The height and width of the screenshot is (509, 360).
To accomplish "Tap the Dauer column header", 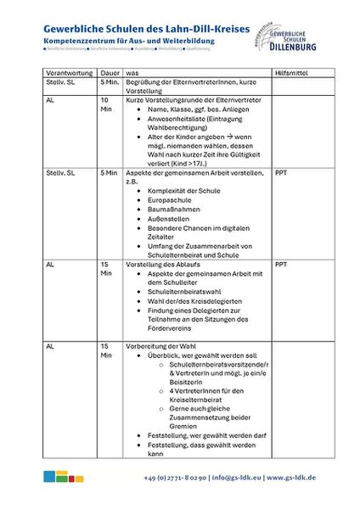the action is (110, 73).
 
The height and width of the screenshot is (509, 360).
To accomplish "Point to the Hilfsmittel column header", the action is (292, 73).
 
